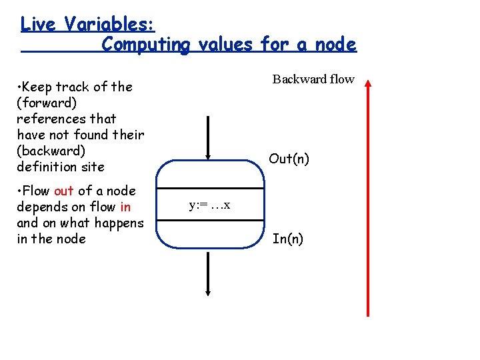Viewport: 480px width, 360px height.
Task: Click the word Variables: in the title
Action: [x=110, y=24]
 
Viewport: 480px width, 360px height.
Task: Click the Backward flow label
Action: [x=313, y=79]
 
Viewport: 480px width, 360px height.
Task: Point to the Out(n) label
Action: [x=289, y=159]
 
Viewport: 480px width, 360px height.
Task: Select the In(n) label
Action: [x=288, y=239]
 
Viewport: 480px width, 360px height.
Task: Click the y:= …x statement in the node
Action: [x=209, y=205]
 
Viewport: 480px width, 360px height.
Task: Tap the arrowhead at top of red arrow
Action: [x=367, y=83]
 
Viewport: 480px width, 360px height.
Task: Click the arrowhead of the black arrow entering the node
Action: [x=209, y=156]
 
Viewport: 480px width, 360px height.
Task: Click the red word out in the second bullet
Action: [x=64, y=191]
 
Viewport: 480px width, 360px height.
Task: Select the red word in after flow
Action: [x=125, y=207]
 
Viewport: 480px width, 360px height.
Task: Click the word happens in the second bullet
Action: [x=121, y=223]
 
